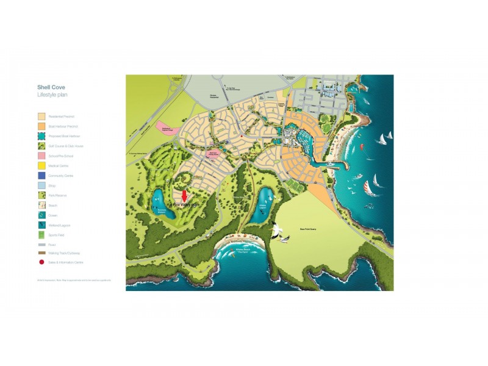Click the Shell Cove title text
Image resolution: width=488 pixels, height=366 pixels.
tap(51, 87)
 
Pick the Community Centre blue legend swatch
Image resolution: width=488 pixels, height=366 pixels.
tap(41, 176)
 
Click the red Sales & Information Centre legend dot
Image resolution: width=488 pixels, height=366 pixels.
tap(41, 262)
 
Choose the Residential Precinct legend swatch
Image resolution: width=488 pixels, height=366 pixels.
tap(41, 116)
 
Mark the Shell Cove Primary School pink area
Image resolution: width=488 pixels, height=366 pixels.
tap(212, 154)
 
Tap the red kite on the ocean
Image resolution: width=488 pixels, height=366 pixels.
tap(360, 147)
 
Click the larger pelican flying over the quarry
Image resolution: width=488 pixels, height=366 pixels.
tap(279, 231)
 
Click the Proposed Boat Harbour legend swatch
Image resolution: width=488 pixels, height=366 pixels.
tap(41, 136)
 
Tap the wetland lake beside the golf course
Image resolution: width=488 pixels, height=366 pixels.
tap(157, 199)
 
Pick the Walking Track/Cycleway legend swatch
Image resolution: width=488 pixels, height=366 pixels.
tap(41, 253)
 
